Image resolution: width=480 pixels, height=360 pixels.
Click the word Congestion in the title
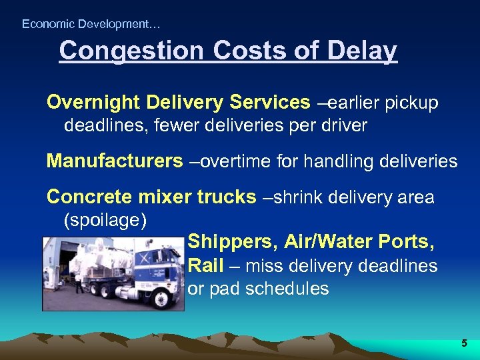pos(121,51)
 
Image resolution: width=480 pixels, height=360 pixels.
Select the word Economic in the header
pos(47,24)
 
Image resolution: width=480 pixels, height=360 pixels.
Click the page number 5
pos(464,344)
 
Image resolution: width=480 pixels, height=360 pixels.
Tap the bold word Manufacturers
pos(114,161)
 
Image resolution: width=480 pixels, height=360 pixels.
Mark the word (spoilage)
pos(104,219)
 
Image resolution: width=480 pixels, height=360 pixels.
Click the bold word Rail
pos(205,265)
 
